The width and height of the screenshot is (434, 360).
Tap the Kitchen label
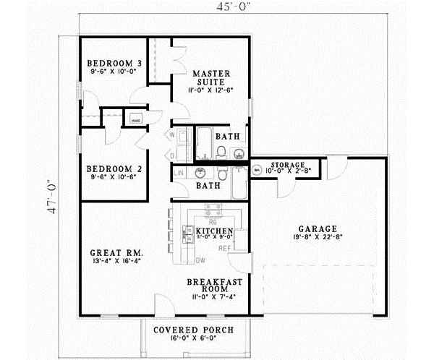(x=215, y=231)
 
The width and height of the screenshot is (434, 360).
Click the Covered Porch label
(x=193, y=332)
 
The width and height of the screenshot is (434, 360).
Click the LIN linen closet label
(x=179, y=172)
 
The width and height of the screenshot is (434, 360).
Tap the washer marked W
(x=173, y=134)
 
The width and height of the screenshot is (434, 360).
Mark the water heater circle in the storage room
(x=257, y=171)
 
